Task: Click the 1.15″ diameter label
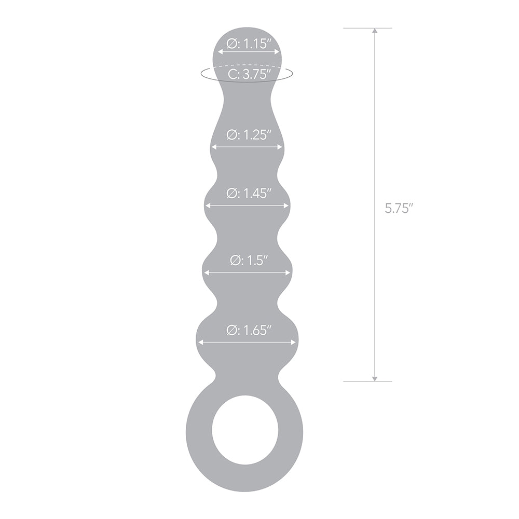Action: point(250,43)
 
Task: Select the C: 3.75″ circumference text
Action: point(250,74)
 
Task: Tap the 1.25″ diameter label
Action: point(250,135)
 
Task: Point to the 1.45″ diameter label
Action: point(250,193)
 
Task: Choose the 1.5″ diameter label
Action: point(250,261)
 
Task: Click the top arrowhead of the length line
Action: point(375,31)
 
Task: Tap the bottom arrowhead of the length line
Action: point(375,377)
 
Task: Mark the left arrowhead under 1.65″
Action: point(200,342)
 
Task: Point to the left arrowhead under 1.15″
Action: point(220,52)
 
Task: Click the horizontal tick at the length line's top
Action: point(367,28)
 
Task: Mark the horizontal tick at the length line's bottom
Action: point(367,381)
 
